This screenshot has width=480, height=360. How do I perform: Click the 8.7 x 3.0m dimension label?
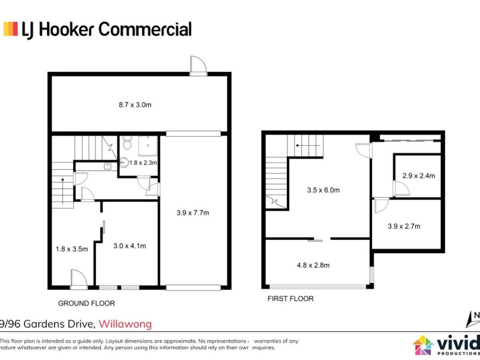coord(134,104)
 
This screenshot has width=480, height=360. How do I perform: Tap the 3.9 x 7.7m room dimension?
coord(193,212)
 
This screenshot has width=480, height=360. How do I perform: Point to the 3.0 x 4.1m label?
coord(130,245)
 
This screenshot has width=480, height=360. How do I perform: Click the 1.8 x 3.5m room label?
coord(71,248)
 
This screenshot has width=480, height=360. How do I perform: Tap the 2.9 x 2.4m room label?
coord(418,176)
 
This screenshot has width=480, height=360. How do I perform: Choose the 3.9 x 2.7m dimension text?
coord(404,226)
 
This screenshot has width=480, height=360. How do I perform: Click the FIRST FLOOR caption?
coord(291,298)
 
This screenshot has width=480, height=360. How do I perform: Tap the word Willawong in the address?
coord(125,324)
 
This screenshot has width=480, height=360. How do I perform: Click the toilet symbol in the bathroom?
coord(127,144)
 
